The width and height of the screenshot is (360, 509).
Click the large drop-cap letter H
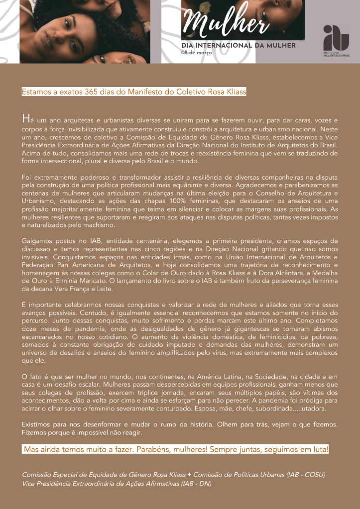[25, 119]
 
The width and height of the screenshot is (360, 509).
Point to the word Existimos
[37, 424]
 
